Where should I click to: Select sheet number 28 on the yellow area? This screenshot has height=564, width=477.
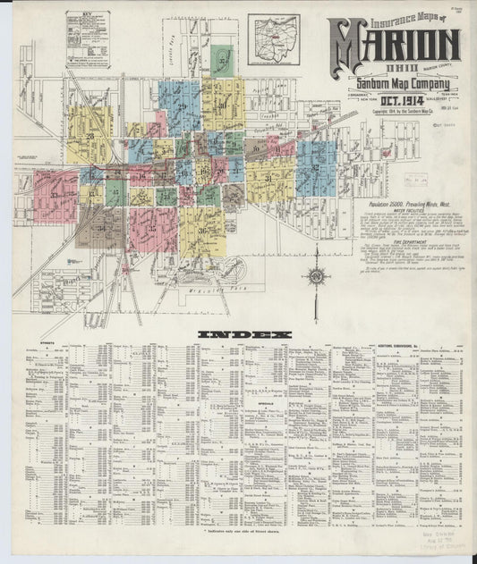[90, 136]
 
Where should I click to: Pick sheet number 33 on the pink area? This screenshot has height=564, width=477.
[55, 195]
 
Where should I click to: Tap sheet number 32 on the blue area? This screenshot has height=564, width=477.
[315, 167]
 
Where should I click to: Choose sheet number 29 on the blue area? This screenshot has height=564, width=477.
[182, 107]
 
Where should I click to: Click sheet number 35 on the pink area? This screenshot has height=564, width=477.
[152, 228]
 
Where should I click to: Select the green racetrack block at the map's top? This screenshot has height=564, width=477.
[220, 59]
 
